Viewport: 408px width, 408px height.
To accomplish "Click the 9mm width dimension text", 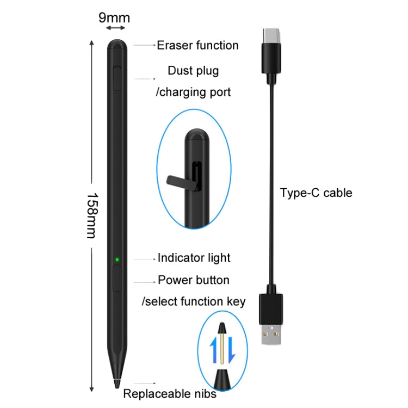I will [x=114, y=17].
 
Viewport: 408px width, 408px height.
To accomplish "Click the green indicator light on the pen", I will [x=117, y=259].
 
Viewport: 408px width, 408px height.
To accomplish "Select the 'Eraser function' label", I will [x=197, y=45].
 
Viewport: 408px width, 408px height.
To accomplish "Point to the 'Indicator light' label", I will [x=194, y=258].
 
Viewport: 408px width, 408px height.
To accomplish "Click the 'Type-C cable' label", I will [x=316, y=193].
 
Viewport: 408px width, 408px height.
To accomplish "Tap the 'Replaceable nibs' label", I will [x=169, y=393].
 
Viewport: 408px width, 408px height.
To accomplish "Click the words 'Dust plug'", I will [x=193, y=71].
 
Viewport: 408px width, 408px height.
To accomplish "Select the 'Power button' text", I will [x=194, y=280].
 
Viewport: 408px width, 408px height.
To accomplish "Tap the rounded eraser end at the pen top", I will [x=118, y=44].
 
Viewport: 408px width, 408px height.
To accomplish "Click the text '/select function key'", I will [x=194, y=301].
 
